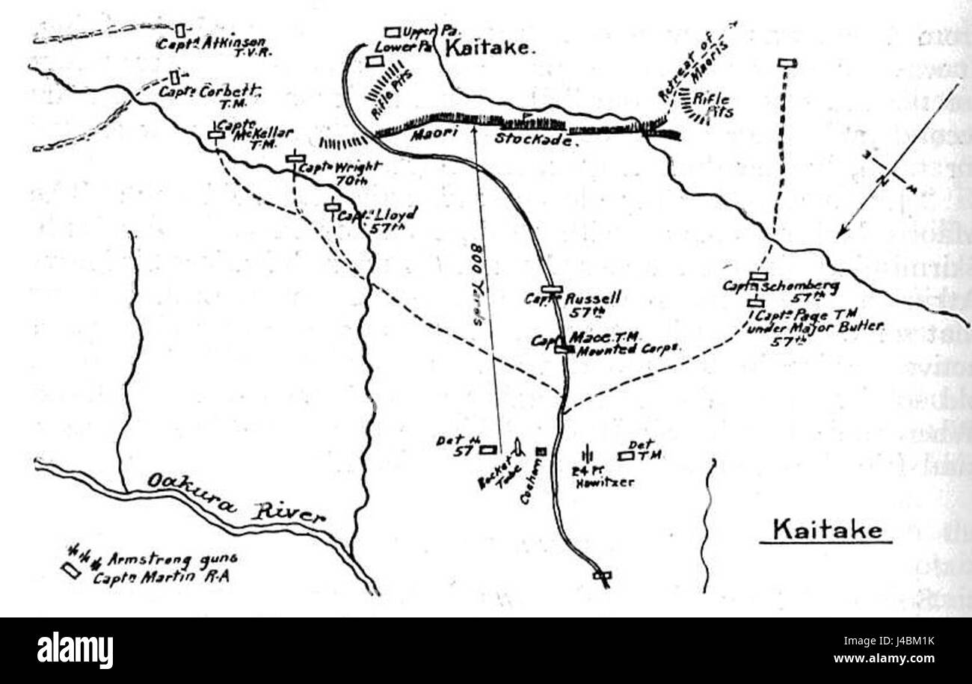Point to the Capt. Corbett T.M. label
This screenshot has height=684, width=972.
tap(210, 96)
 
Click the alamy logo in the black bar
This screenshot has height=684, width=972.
tap(76, 650)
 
